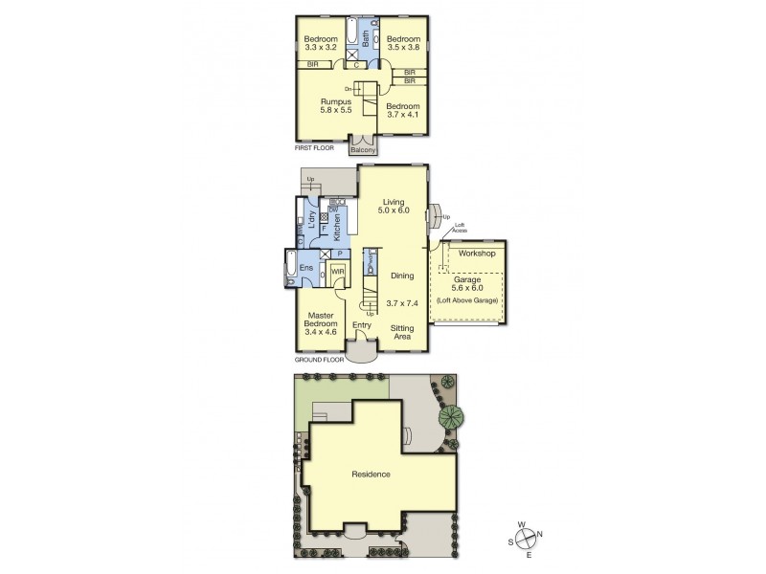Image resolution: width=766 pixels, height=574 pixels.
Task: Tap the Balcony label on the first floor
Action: [x=362, y=149]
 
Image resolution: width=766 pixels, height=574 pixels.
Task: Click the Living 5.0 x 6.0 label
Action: [x=394, y=207]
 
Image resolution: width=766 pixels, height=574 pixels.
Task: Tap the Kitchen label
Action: [x=336, y=229]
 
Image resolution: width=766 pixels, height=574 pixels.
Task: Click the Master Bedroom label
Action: [x=320, y=323]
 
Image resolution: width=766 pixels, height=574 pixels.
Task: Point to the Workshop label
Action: [x=475, y=254]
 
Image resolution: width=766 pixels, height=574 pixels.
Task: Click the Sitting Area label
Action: [x=402, y=332]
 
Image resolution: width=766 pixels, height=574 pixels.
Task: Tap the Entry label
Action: [x=361, y=325]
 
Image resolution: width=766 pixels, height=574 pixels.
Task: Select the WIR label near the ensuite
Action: [x=337, y=272]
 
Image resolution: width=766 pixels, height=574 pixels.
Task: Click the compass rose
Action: [x=525, y=537]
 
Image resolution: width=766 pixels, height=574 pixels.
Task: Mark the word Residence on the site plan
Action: [x=370, y=474]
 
